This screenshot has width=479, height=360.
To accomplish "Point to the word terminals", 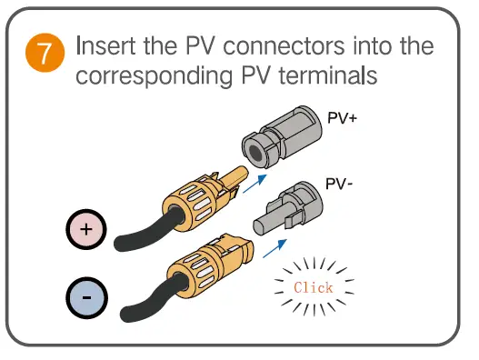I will coord(332,76).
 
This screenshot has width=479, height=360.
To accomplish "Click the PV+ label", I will coord(342,118).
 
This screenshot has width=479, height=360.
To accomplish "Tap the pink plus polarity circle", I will coord(85,230).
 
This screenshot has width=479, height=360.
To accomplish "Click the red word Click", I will coord(314,287).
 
